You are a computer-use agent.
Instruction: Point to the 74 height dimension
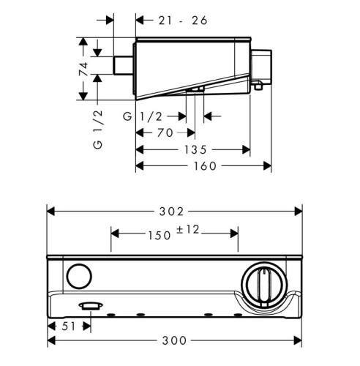tap(85, 70)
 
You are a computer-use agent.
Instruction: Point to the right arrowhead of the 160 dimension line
tap(268, 165)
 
